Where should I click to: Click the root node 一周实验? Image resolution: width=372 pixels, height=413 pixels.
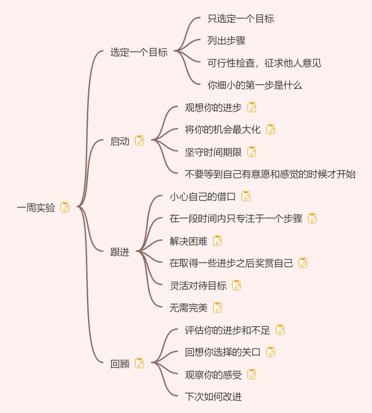(x=36, y=208)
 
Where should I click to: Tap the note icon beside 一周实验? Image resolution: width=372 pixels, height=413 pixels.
(x=65, y=207)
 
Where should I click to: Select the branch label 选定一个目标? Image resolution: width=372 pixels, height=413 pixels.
(x=139, y=52)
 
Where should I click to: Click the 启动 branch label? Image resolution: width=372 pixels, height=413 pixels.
(x=120, y=141)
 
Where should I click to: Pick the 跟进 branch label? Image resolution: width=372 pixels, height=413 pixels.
(x=120, y=252)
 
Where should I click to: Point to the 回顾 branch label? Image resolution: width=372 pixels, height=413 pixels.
(x=120, y=363)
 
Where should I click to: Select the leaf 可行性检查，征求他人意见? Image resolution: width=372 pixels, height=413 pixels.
(x=264, y=63)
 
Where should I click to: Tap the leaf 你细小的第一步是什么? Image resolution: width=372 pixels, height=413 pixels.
(x=255, y=85)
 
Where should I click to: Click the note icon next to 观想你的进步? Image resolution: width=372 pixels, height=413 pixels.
(x=252, y=108)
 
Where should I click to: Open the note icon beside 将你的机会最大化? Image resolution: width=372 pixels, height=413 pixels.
(x=271, y=130)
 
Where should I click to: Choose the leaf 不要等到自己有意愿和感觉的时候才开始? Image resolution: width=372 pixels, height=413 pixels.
(x=270, y=174)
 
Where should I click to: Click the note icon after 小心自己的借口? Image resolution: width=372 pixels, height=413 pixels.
(x=246, y=196)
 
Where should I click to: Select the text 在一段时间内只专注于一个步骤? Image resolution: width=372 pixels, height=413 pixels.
(x=236, y=219)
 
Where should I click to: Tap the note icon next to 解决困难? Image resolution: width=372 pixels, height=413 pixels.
(x=218, y=241)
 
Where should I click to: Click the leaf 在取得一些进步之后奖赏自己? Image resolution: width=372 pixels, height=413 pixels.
(x=231, y=263)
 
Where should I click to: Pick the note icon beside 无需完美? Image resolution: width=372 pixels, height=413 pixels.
(x=218, y=308)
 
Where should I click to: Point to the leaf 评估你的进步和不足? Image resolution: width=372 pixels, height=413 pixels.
(x=227, y=330)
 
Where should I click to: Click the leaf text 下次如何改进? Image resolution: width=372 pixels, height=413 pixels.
(x=213, y=396)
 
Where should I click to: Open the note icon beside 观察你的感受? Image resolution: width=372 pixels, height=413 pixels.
(x=252, y=374)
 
